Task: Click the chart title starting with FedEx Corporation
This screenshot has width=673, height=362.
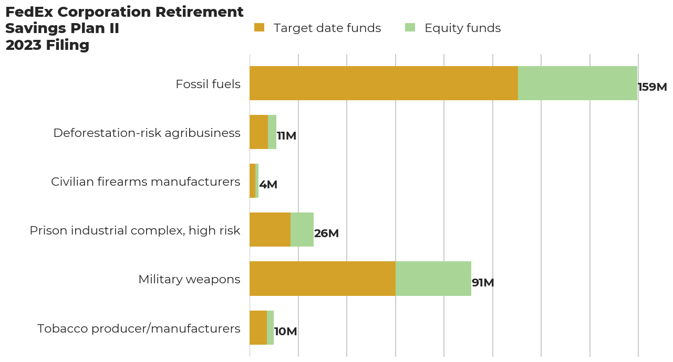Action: pos(124,28)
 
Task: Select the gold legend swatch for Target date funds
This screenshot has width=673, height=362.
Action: pos(259,28)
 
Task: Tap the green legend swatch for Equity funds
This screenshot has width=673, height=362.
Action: pos(410,28)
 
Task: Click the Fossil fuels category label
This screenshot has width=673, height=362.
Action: pos(208,84)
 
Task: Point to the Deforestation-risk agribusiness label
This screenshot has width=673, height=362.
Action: pos(147,133)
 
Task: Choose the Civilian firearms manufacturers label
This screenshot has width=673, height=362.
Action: pos(146,182)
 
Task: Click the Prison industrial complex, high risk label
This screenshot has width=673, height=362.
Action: pos(135,230)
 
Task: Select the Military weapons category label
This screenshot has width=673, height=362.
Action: pos(189,279)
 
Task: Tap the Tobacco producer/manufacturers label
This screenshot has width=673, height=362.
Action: pos(139,328)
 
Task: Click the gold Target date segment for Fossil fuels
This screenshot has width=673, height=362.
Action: pos(384,83)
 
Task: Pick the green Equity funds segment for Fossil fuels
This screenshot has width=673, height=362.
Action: pos(577,83)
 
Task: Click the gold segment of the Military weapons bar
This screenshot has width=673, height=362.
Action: pos(322,279)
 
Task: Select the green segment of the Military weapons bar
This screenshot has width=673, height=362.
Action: pos(433,279)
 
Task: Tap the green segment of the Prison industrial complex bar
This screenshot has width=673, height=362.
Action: pos(302,230)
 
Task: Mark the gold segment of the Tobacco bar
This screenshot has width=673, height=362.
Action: pos(258,327)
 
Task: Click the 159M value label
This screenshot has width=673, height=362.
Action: pos(652,87)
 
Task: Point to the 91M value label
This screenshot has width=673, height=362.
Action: pos(483,283)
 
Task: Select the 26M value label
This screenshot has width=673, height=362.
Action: pos(326,233)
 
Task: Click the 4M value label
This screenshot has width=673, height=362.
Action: pos(268,185)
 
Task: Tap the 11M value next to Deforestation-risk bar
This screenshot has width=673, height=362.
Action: pos(286,136)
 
